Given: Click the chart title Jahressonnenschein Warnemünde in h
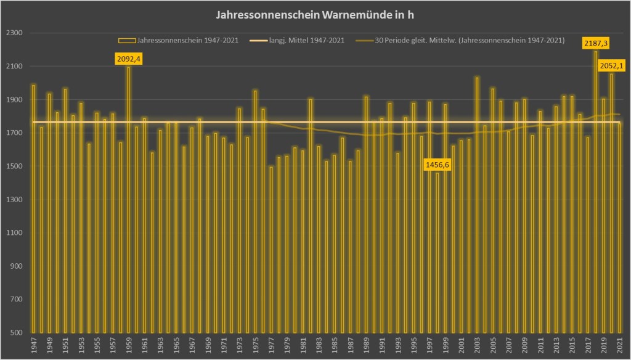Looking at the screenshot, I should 315,14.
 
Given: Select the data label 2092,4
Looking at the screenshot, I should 128,59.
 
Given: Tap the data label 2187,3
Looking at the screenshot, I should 596,43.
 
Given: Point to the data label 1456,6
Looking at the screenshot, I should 438,165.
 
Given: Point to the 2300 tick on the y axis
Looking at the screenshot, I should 14,33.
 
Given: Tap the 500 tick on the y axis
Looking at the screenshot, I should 17,333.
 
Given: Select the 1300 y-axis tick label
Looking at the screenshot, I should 14,200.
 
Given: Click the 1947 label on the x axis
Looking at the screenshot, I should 33,346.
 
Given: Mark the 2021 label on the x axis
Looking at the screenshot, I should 619,346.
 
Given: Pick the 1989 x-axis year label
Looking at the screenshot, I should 366,346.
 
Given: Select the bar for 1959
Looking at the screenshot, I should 128,197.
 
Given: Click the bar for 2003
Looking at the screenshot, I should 477,203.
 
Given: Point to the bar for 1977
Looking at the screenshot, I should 271,247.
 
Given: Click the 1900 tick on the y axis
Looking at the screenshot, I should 14,100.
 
